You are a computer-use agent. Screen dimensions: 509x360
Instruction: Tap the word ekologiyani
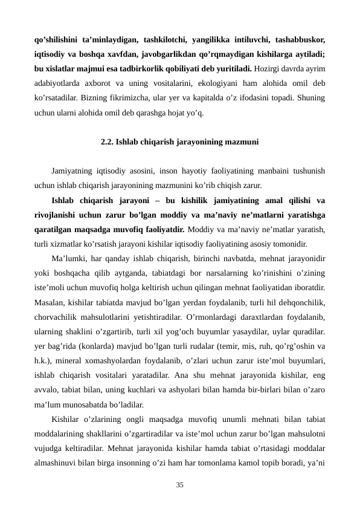189,83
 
